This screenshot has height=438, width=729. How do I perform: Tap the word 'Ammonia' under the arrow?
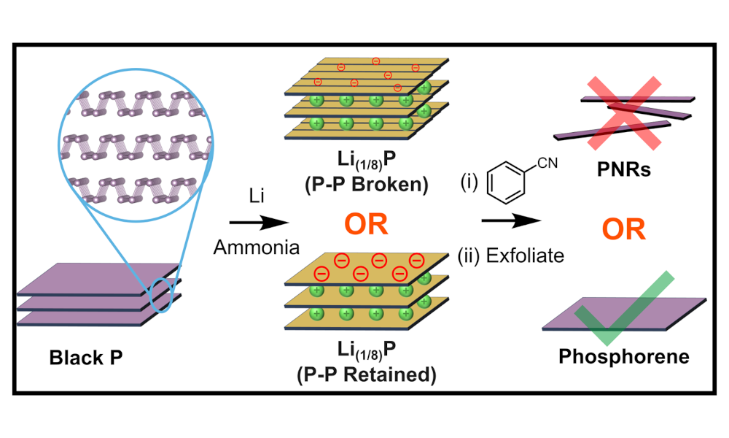(x=256, y=247)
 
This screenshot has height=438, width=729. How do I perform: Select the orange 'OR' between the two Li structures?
(x=366, y=223)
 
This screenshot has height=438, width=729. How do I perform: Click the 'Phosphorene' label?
(x=623, y=357)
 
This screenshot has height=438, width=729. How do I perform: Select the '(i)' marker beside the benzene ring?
(x=467, y=182)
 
